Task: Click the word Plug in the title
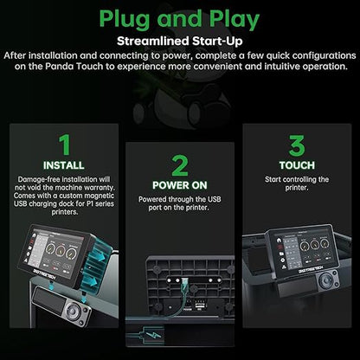point(125,20)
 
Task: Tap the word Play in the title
point(235,20)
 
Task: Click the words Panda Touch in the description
point(74,67)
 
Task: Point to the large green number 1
point(65,145)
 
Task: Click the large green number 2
point(180,165)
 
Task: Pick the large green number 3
point(297,145)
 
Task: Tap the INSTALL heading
point(64,165)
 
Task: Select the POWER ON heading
point(180,185)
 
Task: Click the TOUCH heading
point(297,165)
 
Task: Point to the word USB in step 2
point(214,199)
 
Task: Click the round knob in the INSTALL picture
point(73,311)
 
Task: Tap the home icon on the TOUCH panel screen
point(279,240)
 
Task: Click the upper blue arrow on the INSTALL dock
point(101,257)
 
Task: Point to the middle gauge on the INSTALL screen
point(61,250)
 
